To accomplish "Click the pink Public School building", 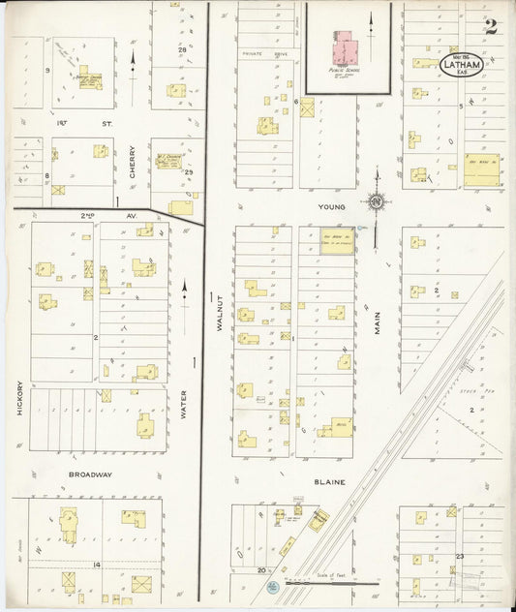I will pyautogui.click(x=345, y=49).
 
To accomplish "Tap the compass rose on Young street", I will pyautogui.click(x=375, y=202).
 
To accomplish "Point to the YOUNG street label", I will pyautogui.click(x=330, y=207).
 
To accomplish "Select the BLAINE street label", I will pyautogui.click(x=330, y=481).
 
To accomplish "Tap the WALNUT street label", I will pyautogui.click(x=220, y=315).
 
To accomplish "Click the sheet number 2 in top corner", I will pyautogui.click(x=491, y=27).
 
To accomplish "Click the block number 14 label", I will pyautogui.click(x=96, y=564).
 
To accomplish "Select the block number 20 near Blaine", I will pyautogui.click(x=261, y=571).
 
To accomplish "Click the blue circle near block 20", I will pyautogui.click(x=274, y=587).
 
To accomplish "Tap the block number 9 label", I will pyautogui.click(x=47, y=71).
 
